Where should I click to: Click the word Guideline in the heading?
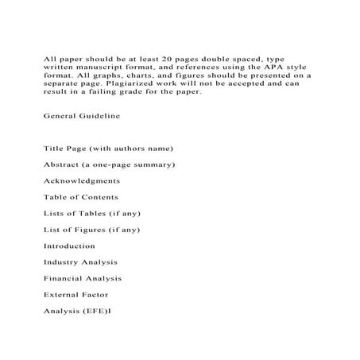point(99,116)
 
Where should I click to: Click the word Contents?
point(99,197)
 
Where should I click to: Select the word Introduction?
point(69,246)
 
